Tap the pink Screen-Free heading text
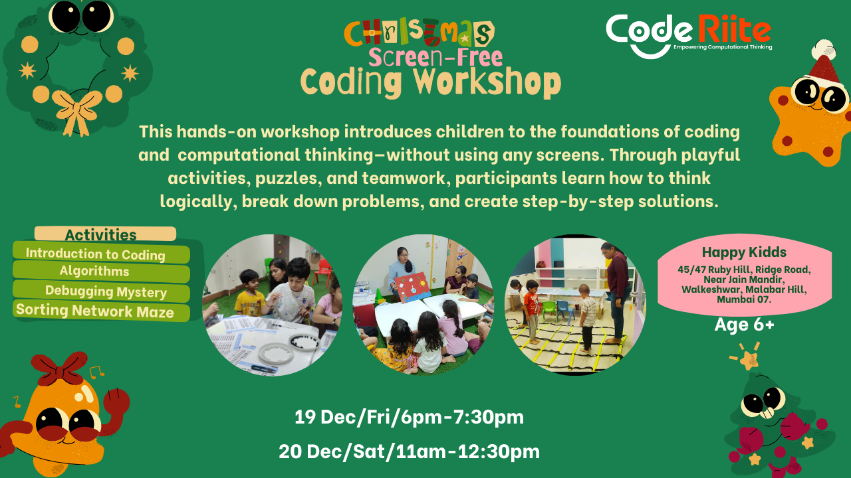click(x=435, y=57)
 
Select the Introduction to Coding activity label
click(x=95, y=254)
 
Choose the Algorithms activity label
click(x=94, y=271)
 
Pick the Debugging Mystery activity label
click(x=106, y=291)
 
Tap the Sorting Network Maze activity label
click(x=95, y=311)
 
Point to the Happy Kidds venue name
click(x=744, y=252)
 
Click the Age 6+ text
click(x=744, y=325)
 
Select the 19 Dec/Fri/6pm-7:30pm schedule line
click(x=409, y=417)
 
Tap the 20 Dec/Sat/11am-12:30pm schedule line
click(x=409, y=451)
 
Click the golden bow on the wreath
click(x=77, y=110)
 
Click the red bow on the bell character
click(x=59, y=368)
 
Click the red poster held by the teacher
click(x=412, y=288)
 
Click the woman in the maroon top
click(x=617, y=293)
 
